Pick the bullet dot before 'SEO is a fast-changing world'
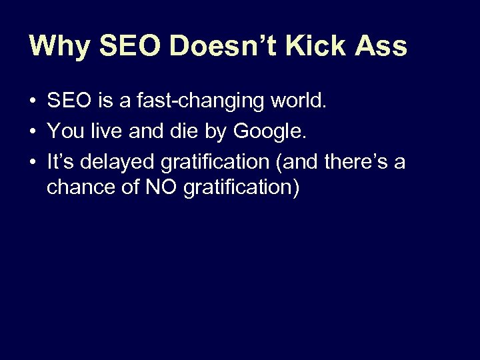pyautogui.click(x=32, y=102)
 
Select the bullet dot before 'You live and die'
pyautogui.click(x=32, y=132)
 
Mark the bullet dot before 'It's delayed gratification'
pyautogui.click(x=32, y=162)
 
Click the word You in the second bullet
pyautogui.click(x=65, y=132)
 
